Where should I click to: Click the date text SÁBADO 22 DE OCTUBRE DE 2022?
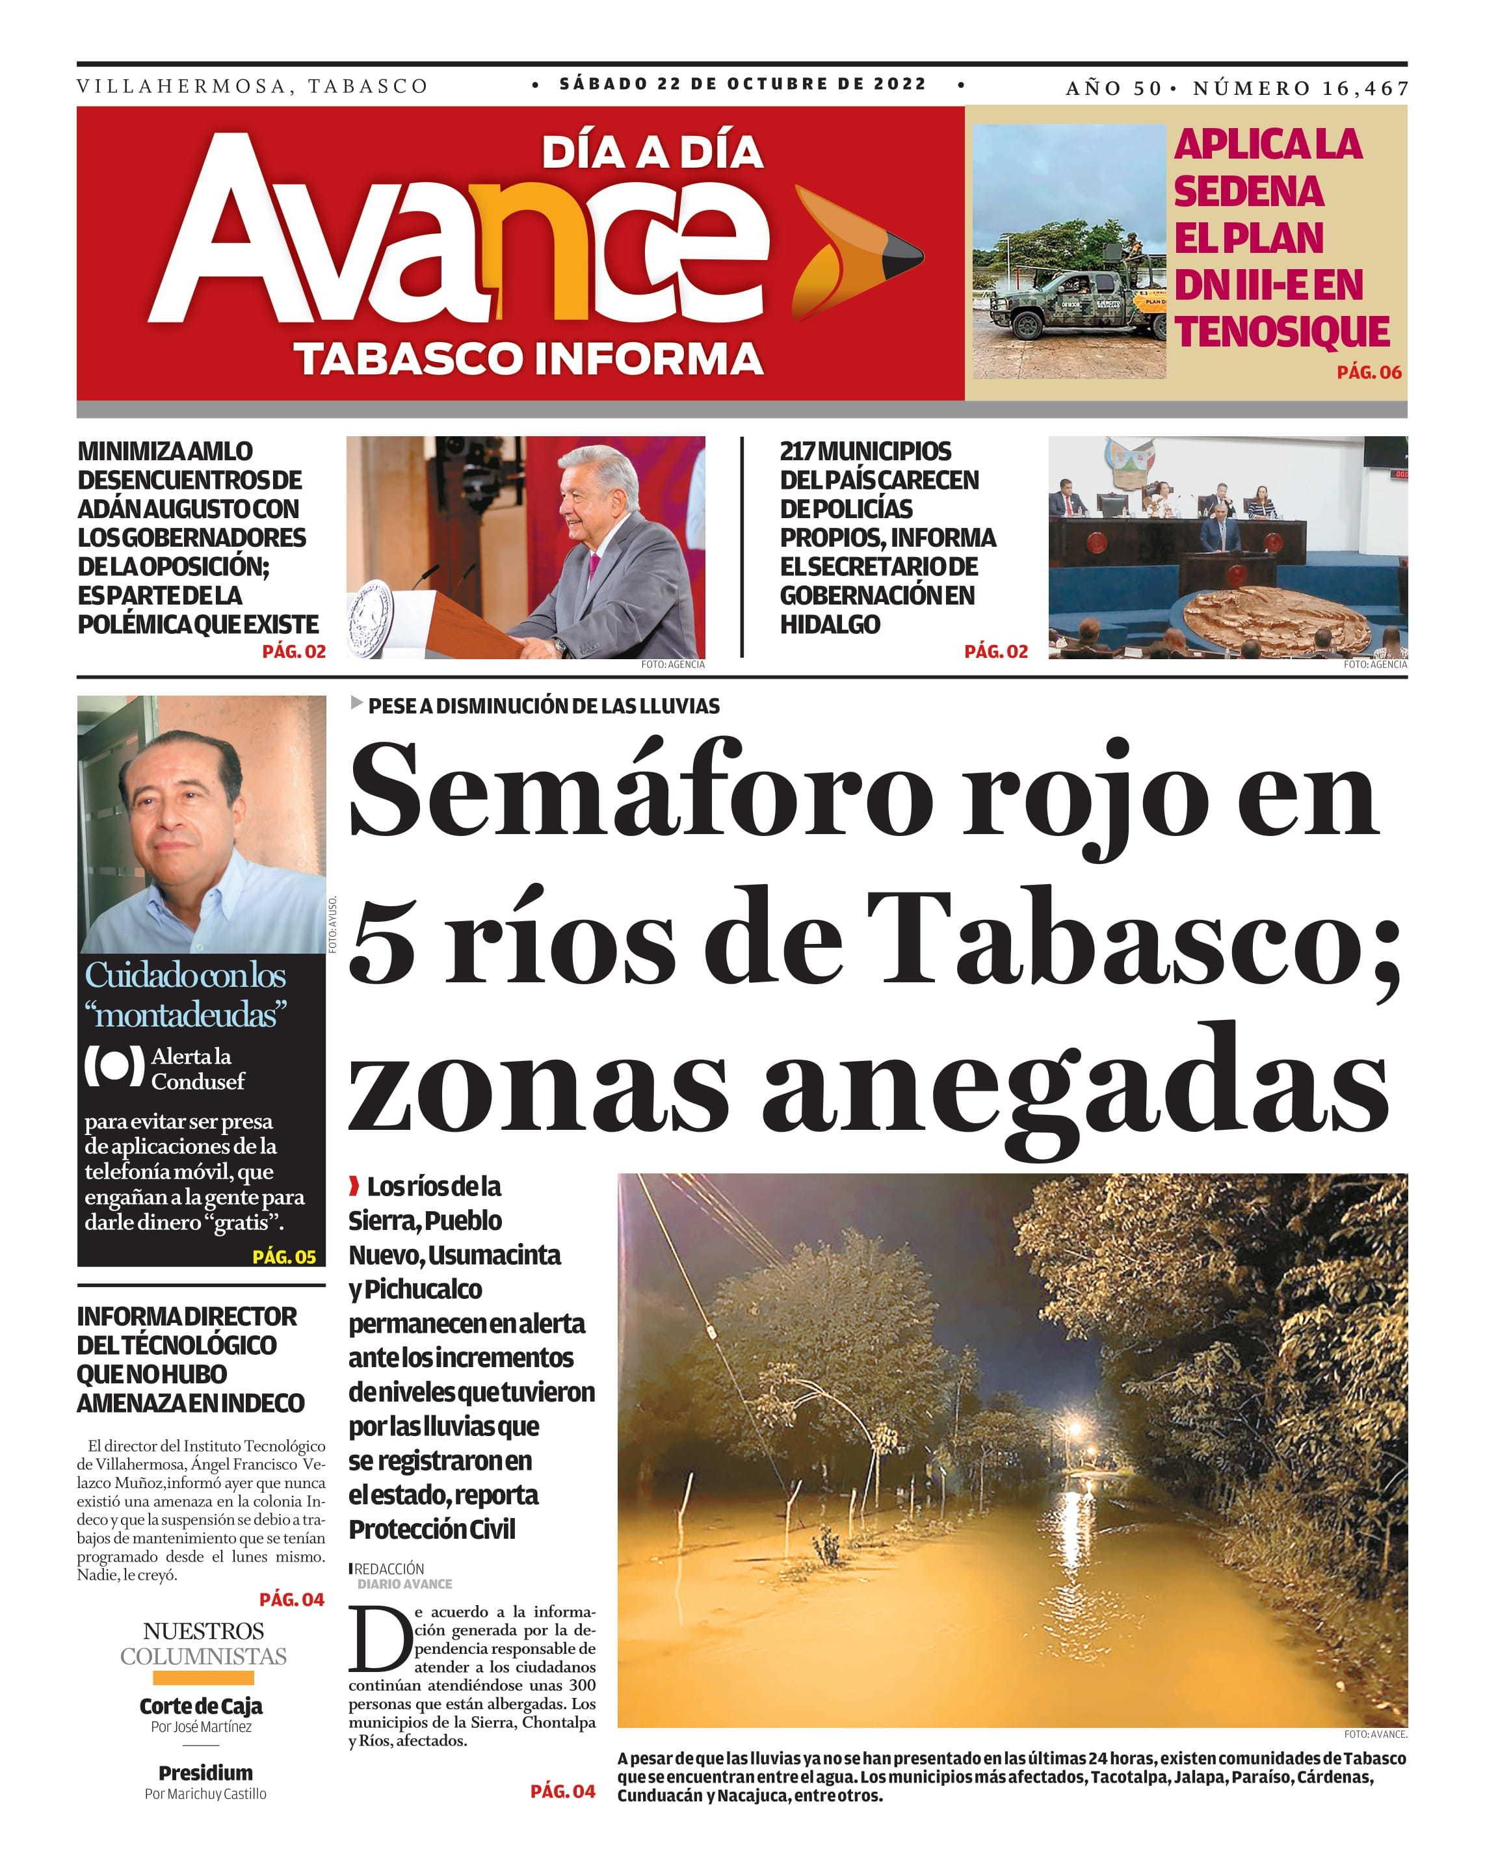742,84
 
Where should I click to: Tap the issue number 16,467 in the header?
1365,88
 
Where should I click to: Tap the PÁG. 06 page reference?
1368,372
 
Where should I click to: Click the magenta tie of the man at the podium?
595,567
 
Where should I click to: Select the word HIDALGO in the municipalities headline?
830,624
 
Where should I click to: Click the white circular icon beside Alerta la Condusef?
114,1067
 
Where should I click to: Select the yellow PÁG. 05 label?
284,1256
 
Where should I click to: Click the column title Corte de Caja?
201,1706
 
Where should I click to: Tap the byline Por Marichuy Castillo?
205,1794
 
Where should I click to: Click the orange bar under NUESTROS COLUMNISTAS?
204,1677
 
